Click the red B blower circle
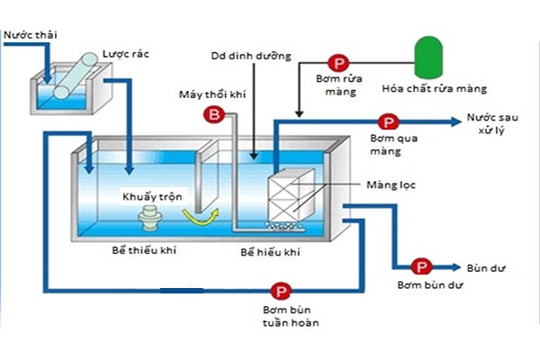[215, 114]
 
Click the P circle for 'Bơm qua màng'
[388, 121]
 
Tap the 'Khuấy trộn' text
[148, 196]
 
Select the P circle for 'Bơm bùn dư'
[420, 266]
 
